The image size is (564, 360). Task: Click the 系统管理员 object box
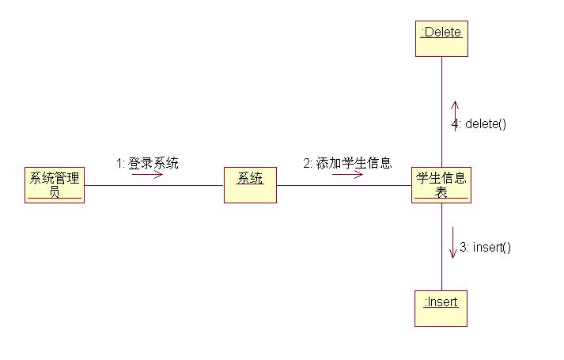click(x=54, y=185)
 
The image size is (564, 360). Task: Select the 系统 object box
click(x=250, y=185)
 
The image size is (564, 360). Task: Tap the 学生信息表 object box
click(x=441, y=185)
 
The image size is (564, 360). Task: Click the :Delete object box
click(x=441, y=39)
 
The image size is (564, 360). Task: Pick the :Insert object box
click(x=441, y=308)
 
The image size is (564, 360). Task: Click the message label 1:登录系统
click(x=147, y=163)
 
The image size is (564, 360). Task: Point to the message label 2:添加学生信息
click(x=347, y=163)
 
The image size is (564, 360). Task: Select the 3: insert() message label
click(x=485, y=247)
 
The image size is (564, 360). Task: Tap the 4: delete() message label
click(x=479, y=123)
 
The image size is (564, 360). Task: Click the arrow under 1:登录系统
click(x=147, y=174)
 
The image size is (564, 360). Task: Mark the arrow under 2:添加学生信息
click(x=347, y=174)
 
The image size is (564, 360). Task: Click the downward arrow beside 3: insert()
click(x=452, y=243)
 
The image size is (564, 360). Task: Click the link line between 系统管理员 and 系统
click(x=154, y=186)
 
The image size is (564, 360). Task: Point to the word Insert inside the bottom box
click(x=443, y=301)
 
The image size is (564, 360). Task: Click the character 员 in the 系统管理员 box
click(x=54, y=192)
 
